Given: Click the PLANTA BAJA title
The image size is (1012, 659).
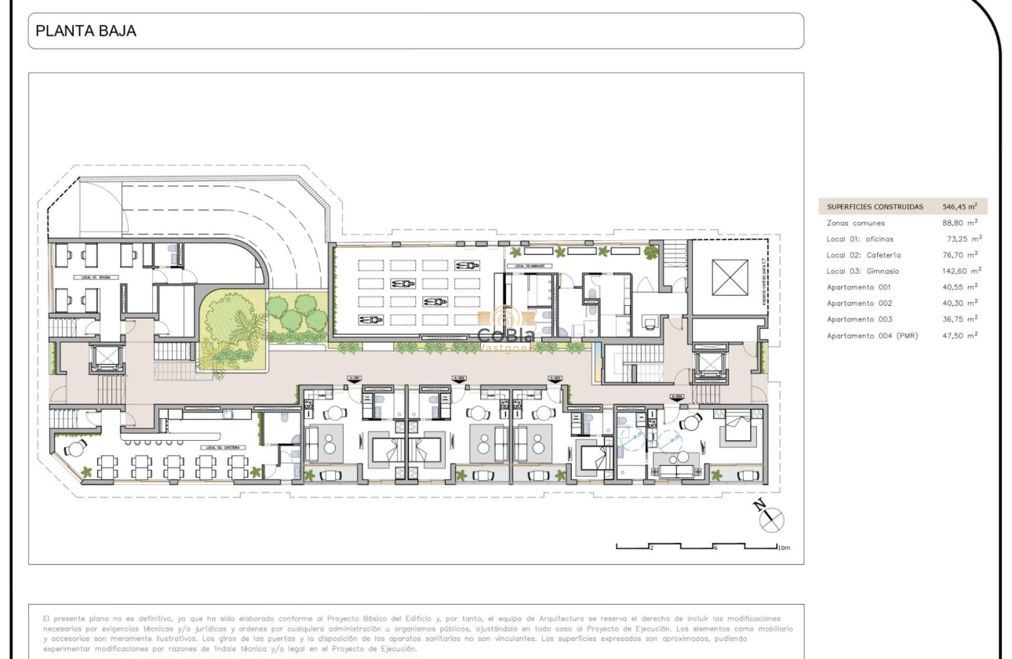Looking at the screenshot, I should point(86,31).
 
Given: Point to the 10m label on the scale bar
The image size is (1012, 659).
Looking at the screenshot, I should point(785,547).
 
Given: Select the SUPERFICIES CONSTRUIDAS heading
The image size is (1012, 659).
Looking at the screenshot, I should point(875,207).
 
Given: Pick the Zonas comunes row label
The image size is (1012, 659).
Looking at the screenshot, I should point(855,223).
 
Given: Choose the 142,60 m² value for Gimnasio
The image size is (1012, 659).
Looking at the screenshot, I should point(962,271).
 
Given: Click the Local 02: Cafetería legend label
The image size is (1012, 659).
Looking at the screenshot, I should point(863,255).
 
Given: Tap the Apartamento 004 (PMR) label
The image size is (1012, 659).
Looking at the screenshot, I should point(872,335).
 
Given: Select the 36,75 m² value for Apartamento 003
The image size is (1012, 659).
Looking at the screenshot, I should point(962,319).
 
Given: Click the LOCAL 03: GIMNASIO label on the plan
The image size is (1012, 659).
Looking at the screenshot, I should point(530,266).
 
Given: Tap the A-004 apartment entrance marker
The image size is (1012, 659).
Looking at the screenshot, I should point(675,396).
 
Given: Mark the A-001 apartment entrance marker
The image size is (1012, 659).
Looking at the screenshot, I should point(355,378).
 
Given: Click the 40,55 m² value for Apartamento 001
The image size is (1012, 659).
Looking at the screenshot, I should point(962,287).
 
